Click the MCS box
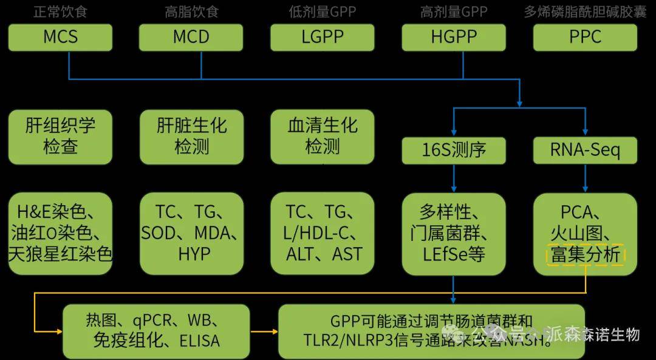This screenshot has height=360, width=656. (x=60, y=37)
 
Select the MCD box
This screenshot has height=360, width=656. (x=191, y=37)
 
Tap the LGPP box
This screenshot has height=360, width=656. (x=323, y=37)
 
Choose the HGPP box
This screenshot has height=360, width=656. (x=454, y=37)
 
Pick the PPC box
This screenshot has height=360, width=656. (x=585, y=37)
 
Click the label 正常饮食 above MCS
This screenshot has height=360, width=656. (x=60, y=12)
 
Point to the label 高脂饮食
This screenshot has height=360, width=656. (x=191, y=12)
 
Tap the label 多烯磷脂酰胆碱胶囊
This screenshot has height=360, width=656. (x=585, y=12)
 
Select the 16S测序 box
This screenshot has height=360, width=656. (x=454, y=149)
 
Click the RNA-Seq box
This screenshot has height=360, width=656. (x=585, y=149)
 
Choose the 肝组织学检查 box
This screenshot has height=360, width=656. (x=60, y=137)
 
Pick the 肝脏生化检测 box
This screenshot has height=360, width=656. (x=191, y=137)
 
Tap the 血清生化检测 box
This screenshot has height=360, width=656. (x=323, y=137)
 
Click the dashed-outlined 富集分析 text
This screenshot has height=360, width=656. (x=585, y=255)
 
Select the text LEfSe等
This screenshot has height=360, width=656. (x=454, y=254)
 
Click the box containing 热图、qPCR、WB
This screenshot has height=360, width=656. (x=156, y=331)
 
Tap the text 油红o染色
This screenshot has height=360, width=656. (x=60, y=233)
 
